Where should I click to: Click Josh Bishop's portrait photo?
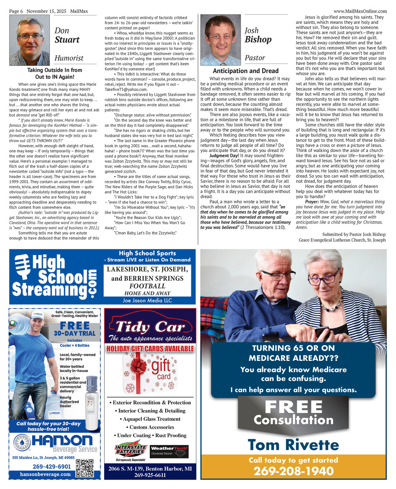pos(220,40)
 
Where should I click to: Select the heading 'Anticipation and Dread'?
pos(246,71)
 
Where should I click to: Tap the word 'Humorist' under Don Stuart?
pos(69,58)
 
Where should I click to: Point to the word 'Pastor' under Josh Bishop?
pos(255,58)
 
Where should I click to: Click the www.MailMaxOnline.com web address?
pos(360,11)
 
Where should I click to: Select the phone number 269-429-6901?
pos(51,466)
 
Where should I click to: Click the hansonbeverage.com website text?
pos(45,474)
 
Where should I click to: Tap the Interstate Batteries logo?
pos(130,451)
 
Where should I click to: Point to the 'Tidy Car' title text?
pos(150,327)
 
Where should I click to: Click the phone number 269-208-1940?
pos(293,471)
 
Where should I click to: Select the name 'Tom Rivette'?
pos(293,445)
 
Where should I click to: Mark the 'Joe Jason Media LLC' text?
pos(147,301)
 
